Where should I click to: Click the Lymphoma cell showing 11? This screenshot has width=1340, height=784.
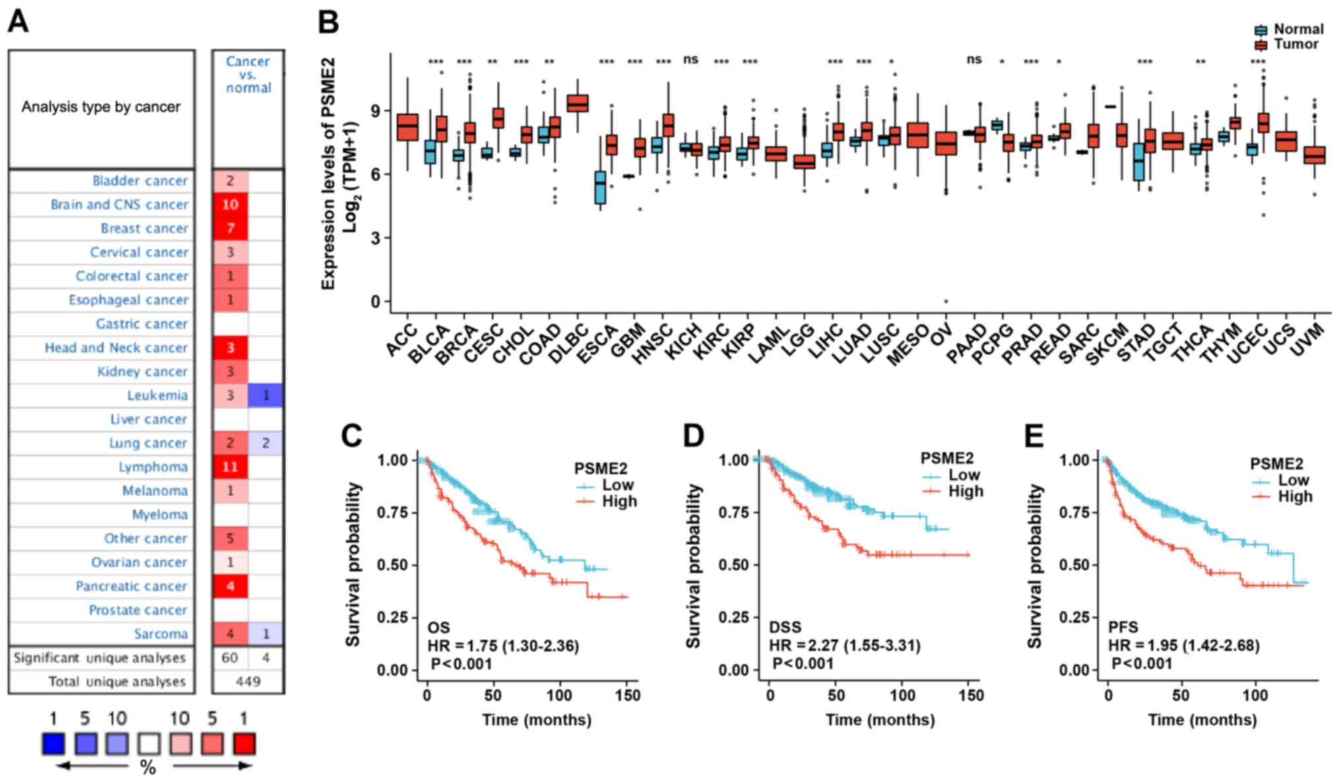pyautogui.click(x=230, y=467)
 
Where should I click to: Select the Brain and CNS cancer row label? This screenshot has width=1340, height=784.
pyautogui.click(x=119, y=205)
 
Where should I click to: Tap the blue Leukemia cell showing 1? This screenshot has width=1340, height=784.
pyautogui.click(x=265, y=395)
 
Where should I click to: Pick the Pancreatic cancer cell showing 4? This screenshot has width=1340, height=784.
pyautogui.click(x=230, y=586)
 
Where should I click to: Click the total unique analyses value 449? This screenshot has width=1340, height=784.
pyautogui.click(x=248, y=681)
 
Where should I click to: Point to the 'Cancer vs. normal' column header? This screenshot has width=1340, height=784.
pyautogui.click(x=248, y=74)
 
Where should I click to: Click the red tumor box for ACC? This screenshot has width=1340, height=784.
pyautogui.click(x=407, y=127)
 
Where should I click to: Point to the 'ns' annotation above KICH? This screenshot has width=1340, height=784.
pyautogui.click(x=690, y=59)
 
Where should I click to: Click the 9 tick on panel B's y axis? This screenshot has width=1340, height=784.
pyautogui.click(x=375, y=111)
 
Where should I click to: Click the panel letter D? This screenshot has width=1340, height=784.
pyautogui.click(x=693, y=436)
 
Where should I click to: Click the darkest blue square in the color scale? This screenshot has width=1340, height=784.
pyautogui.click(x=53, y=744)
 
